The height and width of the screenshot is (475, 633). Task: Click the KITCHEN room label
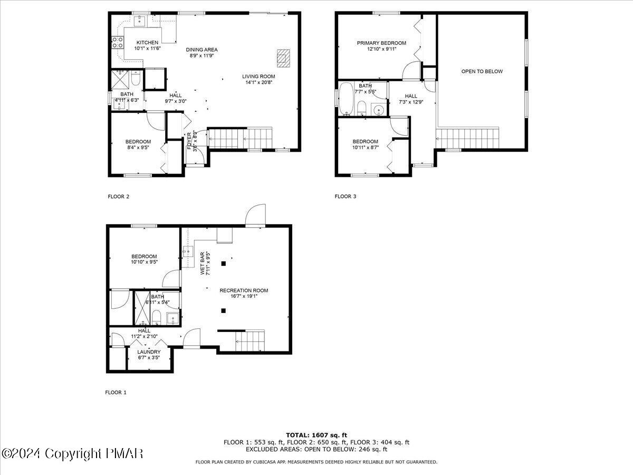[x=147, y=43]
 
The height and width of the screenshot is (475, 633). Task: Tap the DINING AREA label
[x=202, y=50]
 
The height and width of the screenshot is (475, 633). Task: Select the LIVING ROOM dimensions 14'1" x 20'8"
[x=260, y=82]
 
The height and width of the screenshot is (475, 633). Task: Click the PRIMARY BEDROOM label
[x=381, y=43]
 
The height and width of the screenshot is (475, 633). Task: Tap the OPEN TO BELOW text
[x=482, y=71]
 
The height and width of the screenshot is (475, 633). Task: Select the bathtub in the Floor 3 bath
[x=346, y=99]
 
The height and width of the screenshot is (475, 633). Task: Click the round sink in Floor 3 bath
[x=378, y=110]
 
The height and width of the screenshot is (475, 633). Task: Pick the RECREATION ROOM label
[x=244, y=290]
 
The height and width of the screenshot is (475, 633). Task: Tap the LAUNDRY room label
[x=149, y=352]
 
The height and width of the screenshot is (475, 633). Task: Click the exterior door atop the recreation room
[x=256, y=215]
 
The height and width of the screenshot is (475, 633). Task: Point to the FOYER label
[x=189, y=140]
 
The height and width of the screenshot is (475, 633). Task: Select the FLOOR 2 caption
[x=118, y=196]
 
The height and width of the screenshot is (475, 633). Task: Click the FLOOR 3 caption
[x=346, y=196]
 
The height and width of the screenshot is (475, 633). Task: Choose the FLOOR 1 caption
[x=116, y=392]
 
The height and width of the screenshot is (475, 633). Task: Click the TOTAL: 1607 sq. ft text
[x=316, y=435]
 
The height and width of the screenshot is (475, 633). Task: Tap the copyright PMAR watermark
[x=72, y=453]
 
